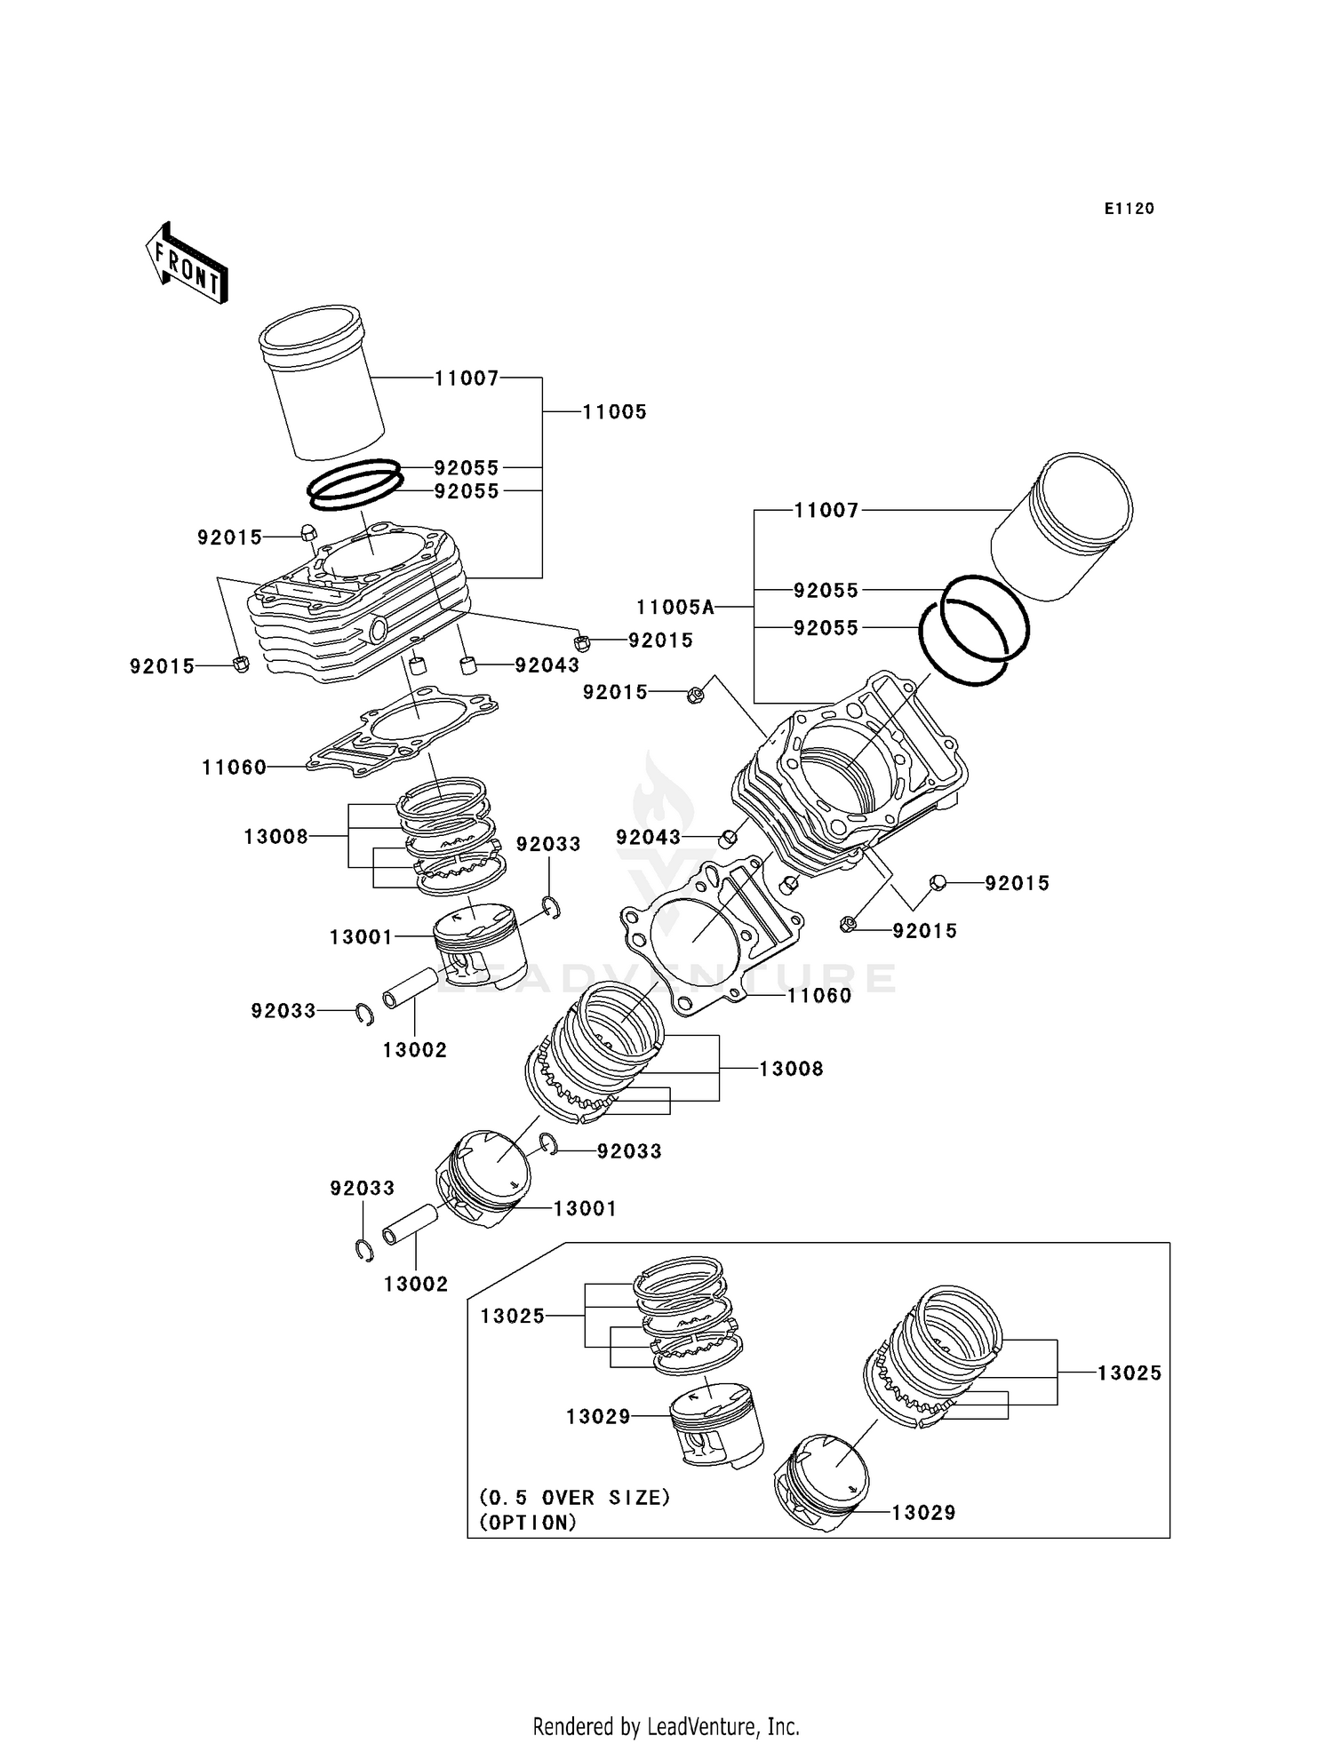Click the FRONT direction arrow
click(x=188, y=264)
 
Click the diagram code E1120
click(x=1129, y=209)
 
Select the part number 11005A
click(x=674, y=608)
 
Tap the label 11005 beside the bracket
click(x=614, y=412)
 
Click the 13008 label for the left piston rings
click(x=275, y=837)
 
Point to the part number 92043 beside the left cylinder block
click(x=547, y=665)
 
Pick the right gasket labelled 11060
click(x=711, y=933)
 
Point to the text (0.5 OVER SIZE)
click(x=574, y=1498)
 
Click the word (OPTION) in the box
click(x=528, y=1523)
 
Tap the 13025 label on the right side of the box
click(x=1129, y=1373)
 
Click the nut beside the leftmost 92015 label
click(x=240, y=664)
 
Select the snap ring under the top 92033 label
click(x=551, y=908)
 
